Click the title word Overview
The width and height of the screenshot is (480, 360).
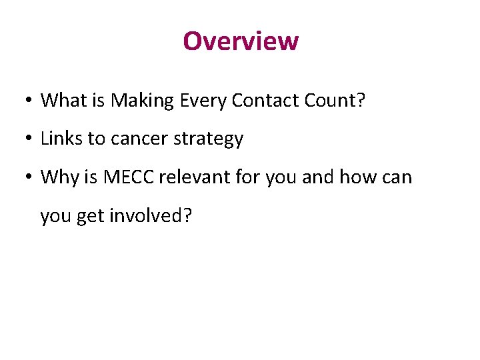click(241, 41)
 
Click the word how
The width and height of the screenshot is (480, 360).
click(357, 177)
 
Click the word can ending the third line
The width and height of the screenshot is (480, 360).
click(397, 178)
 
